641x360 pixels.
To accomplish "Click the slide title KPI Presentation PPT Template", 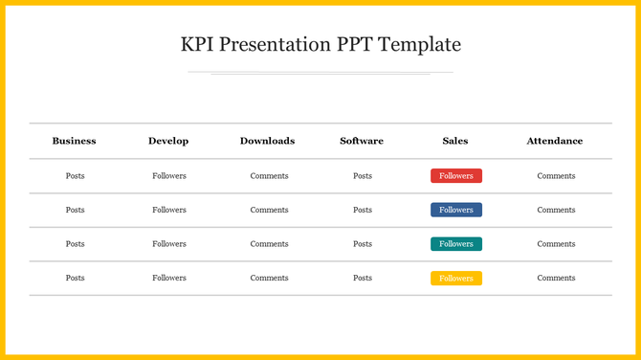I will pyautogui.click(x=320, y=45).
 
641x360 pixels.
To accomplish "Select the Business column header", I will pyautogui.click(x=74, y=141).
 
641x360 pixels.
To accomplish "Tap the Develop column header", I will pyautogui.click(x=168, y=141).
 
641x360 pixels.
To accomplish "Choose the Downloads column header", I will pyautogui.click(x=267, y=141).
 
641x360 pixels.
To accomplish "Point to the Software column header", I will pyautogui.click(x=362, y=141).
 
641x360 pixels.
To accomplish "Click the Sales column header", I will pyautogui.click(x=455, y=141).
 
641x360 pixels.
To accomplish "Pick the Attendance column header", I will pyautogui.click(x=554, y=141).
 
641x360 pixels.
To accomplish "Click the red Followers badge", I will pyautogui.click(x=456, y=176).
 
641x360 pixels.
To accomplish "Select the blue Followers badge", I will pyautogui.click(x=456, y=210).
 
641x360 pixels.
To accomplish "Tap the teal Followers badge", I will pyautogui.click(x=456, y=244).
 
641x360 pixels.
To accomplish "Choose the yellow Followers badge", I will pyautogui.click(x=456, y=279).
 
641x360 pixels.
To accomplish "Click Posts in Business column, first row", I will pyautogui.click(x=75, y=176).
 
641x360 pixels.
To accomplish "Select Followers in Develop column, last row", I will pyautogui.click(x=169, y=279).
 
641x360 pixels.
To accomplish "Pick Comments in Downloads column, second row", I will pyautogui.click(x=269, y=210).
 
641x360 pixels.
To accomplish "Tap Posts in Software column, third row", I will pyautogui.click(x=363, y=244).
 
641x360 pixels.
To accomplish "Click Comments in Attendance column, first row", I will pyautogui.click(x=556, y=176).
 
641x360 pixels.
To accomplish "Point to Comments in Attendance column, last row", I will pyautogui.click(x=556, y=279).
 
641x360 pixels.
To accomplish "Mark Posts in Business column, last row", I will pyautogui.click(x=75, y=279).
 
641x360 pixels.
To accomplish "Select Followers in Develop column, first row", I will pyautogui.click(x=169, y=176).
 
